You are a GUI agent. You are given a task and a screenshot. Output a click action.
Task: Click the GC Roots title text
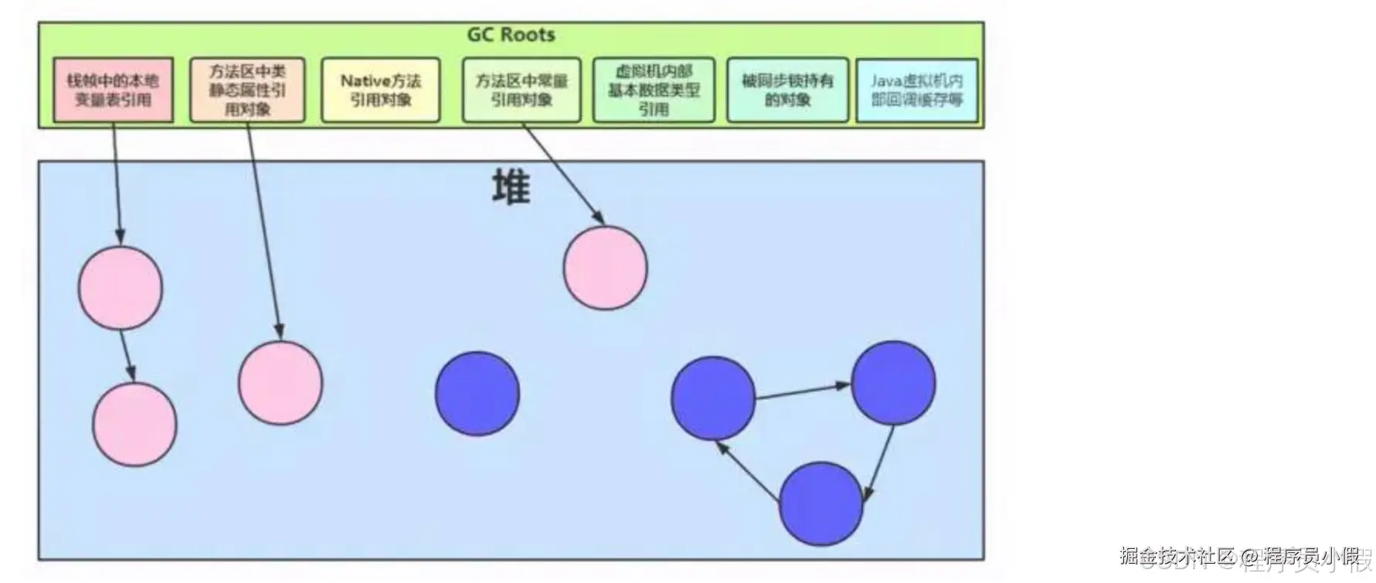tap(511, 35)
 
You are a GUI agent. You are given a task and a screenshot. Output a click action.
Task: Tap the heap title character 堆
tap(511, 188)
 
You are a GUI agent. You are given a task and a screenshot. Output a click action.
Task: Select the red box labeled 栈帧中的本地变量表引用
tap(113, 90)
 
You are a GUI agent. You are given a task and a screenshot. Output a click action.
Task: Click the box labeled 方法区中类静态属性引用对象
tap(247, 90)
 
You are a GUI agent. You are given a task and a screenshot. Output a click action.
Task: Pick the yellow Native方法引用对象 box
tap(381, 90)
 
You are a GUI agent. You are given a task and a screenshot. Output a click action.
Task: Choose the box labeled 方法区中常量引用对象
tap(522, 90)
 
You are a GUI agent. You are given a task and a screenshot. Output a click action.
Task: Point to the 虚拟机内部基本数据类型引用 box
tap(654, 90)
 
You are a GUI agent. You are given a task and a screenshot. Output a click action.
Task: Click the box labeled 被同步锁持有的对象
tap(787, 90)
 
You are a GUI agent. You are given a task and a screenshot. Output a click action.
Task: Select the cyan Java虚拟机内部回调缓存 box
tap(917, 90)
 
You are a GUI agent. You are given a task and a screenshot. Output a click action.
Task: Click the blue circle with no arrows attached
tap(477, 394)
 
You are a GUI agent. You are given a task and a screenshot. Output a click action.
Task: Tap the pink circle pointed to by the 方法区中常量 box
tap(606, 268)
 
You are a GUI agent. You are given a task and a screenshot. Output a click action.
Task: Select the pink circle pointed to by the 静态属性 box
tap(280, 383)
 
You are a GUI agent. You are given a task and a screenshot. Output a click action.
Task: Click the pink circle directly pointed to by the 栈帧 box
tap(121, 288)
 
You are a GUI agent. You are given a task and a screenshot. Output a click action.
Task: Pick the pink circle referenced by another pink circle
tap(134, 424)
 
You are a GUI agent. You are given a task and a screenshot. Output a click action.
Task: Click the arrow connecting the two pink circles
tap(127, 355)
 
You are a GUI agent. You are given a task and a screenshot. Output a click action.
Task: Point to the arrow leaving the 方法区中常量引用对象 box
tap(564, 176)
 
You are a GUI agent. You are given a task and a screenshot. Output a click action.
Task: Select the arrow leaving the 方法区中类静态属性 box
tap(263, 232)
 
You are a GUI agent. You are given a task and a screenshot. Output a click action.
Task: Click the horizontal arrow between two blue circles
tap(802, 391)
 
